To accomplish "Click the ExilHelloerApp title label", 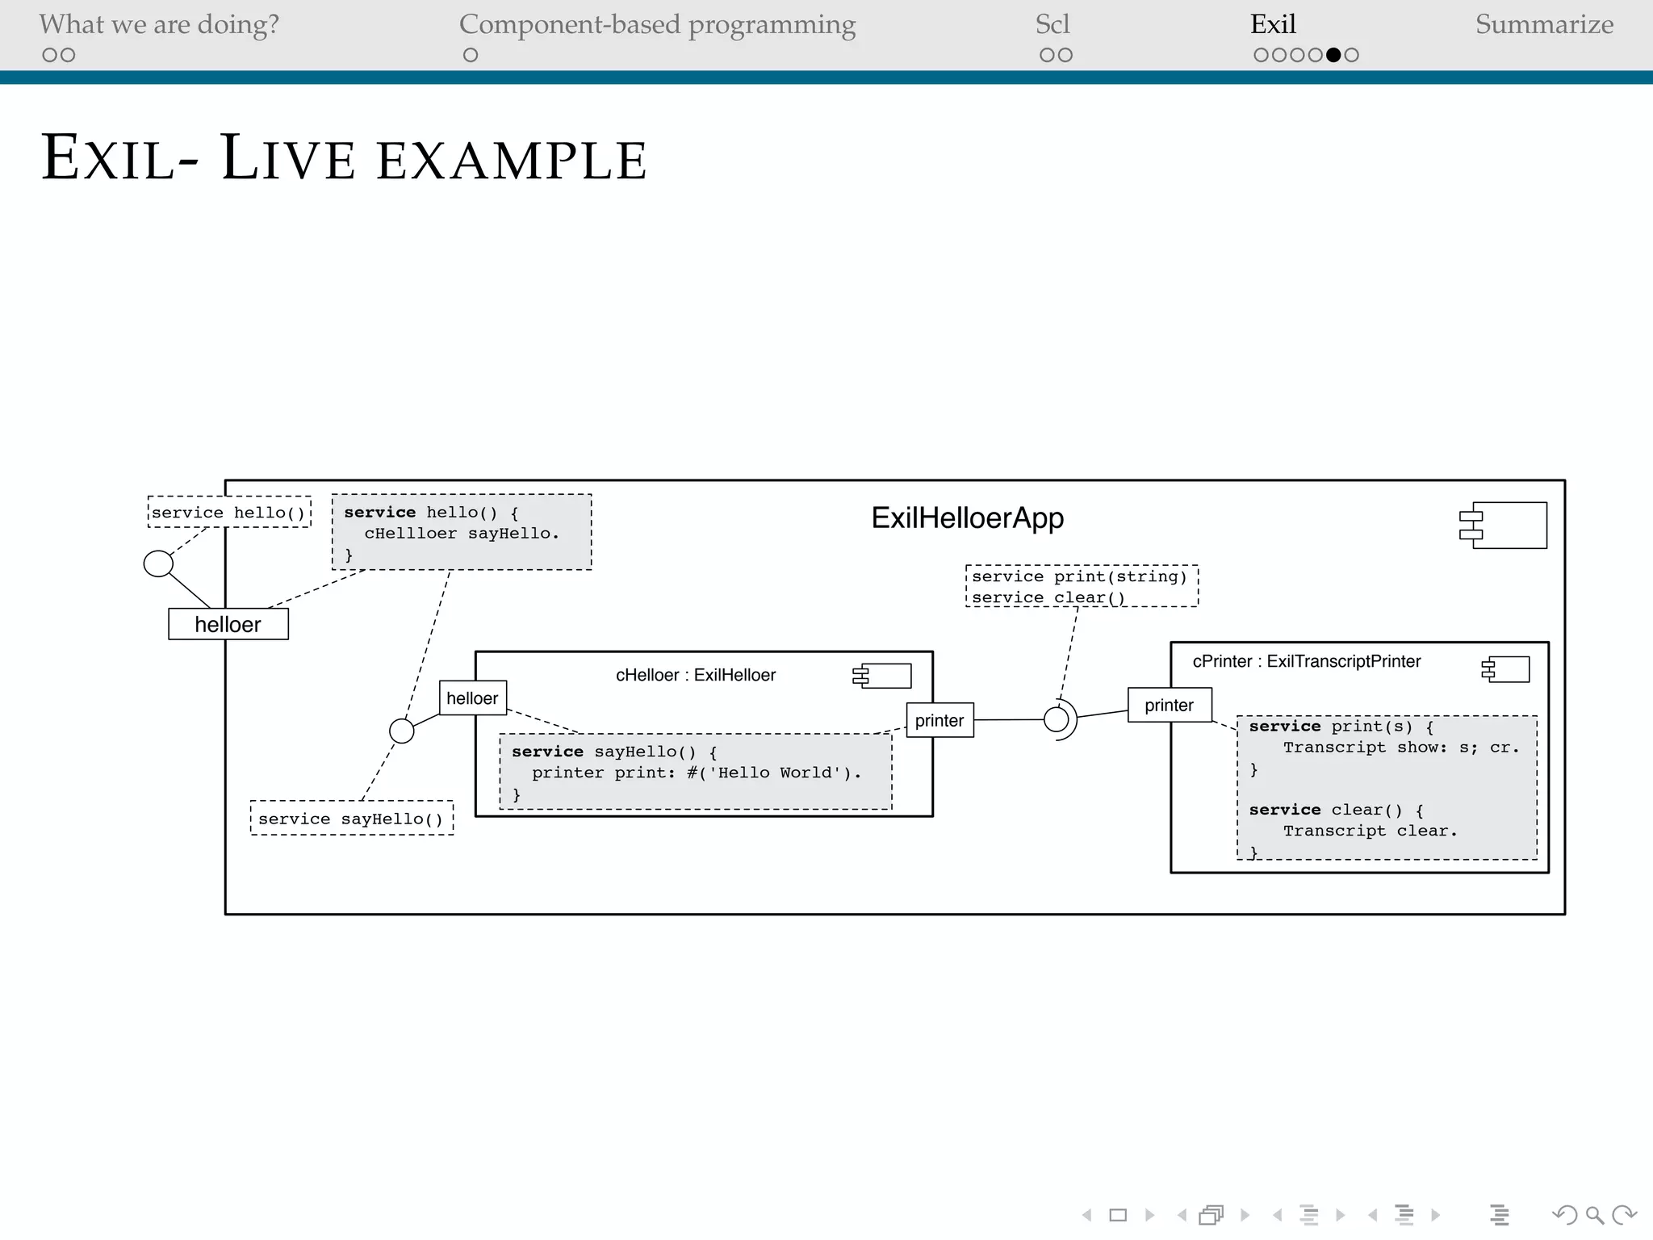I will point(967,518).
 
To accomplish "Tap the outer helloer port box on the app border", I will point(228,624).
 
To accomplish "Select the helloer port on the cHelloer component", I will point(473,698).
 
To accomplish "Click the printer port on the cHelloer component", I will point(939,720).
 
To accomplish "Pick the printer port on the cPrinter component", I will point(1169,705).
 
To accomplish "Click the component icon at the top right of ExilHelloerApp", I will point(1504,525).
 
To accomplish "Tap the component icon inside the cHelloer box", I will point(882,676).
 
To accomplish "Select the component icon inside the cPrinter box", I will point(1506,669).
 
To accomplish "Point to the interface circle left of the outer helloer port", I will point(158,563).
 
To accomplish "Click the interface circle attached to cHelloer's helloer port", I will point(402,731).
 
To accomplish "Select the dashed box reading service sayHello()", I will point(351,819).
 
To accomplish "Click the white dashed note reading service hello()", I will point(229,513).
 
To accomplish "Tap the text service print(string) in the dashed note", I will point(1079,576).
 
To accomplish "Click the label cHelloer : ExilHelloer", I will point(695,675).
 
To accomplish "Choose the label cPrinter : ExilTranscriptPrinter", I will point(1306,661).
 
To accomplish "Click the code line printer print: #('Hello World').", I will point(696,773).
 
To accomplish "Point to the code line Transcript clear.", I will point(1370,831).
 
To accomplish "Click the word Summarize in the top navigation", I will point(1544,24).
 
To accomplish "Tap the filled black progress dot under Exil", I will point(1333,55).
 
